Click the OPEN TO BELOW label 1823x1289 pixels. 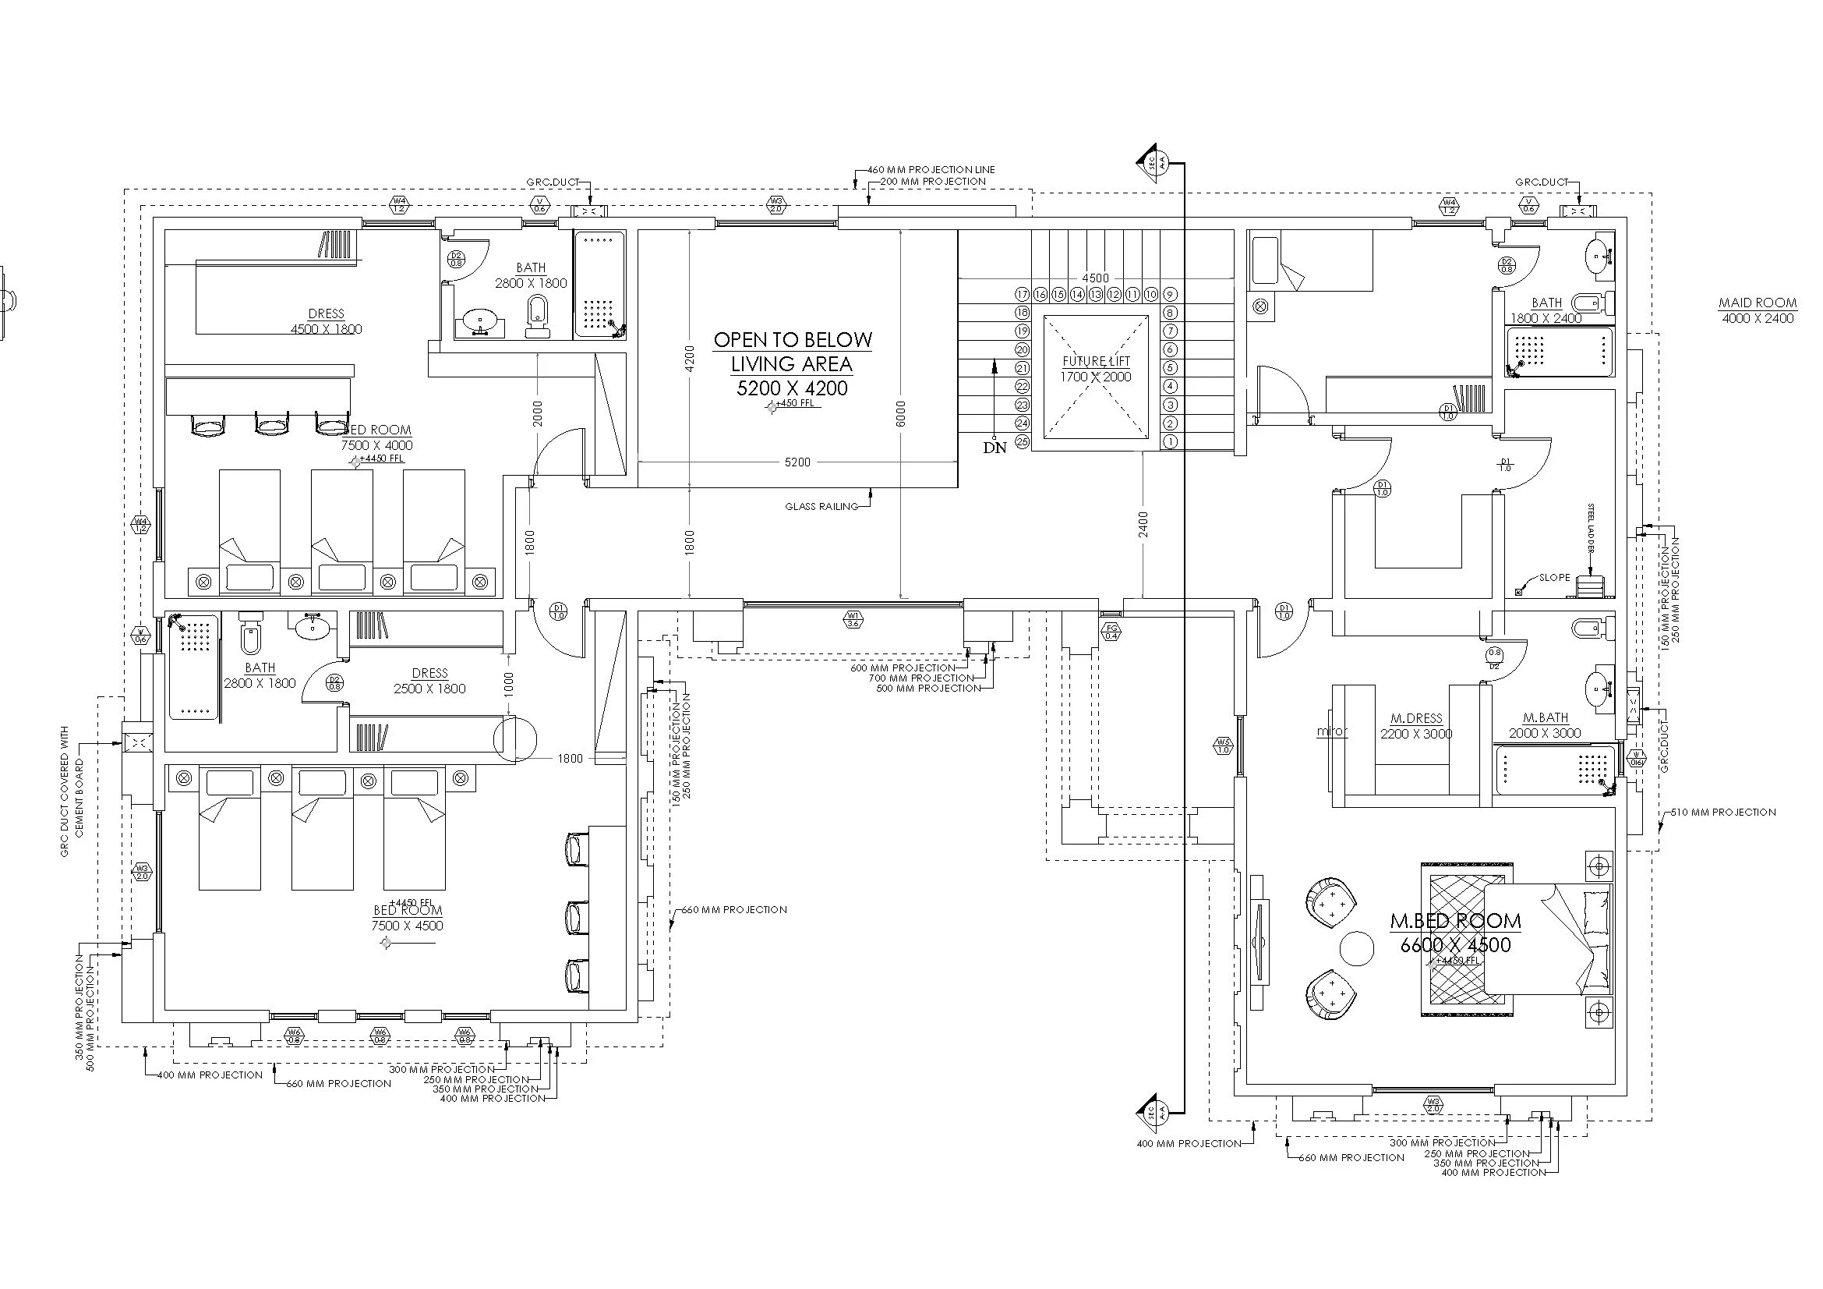(x=793, y=341)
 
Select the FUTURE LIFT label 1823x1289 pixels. (x=1096, y=362)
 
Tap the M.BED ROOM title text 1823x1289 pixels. (x=1455, y=921)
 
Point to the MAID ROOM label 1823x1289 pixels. (x=1757, y=303)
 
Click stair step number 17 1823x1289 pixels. (x=1023, y=295)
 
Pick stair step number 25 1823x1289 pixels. (x=1023, y=441)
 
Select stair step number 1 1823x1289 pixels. (x=1170, y=441)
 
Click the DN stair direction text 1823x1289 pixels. (x=995, y=448)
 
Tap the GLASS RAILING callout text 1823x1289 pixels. (x=821, y=507)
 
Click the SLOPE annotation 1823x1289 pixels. (x=1555, y=577)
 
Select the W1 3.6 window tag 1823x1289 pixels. (x=853, y=619)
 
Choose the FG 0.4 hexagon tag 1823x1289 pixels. (x=1111, y=632)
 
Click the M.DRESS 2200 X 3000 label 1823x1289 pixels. (x=1416, y=726)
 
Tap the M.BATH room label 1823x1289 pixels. (x=1545, y=718)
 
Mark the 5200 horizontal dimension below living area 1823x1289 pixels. (x=797, y=462)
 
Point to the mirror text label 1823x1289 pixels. (x=1332, y=731)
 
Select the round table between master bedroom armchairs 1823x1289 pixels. (x=1356, y=949)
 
